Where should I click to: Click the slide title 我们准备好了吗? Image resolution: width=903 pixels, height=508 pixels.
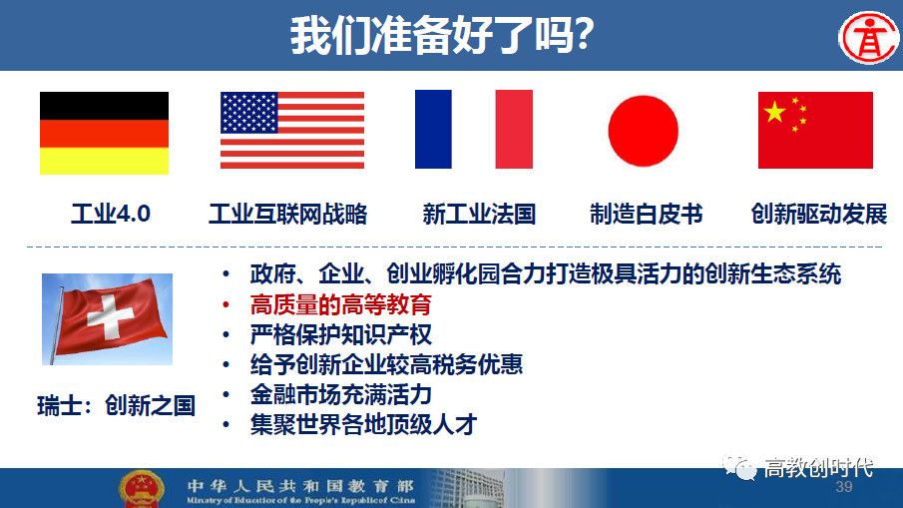(442, 35)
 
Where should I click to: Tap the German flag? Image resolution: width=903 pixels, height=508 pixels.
(104, 133)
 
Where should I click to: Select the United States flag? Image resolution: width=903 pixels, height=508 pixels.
(292, 130)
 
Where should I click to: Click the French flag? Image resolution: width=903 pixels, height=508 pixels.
(473, 129)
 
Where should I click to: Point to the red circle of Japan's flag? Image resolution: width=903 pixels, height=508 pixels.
(644, 131)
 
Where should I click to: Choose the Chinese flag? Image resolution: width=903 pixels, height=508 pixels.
(815, 130)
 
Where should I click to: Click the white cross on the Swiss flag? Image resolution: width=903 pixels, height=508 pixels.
(110, 316)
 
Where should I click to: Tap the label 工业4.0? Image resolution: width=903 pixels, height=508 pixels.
(111, 215)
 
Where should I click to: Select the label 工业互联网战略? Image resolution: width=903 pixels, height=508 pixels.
(288, 215)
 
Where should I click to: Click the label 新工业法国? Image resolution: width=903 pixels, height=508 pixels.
(479, 215)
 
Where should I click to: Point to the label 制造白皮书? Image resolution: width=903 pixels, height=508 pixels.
(647, 215)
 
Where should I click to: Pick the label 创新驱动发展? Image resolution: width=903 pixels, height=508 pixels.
(819, 215)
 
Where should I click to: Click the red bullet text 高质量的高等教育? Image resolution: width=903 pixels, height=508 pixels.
(341, 304)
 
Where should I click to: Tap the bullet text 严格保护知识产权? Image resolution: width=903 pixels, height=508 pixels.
(341, 334)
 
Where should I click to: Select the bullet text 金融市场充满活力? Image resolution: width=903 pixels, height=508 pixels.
(341, 394)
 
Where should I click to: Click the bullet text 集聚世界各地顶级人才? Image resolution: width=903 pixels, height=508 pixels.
(363, 424)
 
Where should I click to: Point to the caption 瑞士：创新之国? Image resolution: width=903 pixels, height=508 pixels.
(117, 406)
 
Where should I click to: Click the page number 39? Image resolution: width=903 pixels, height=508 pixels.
(844, 487)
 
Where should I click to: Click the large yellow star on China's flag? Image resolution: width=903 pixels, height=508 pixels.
(775, 112)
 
